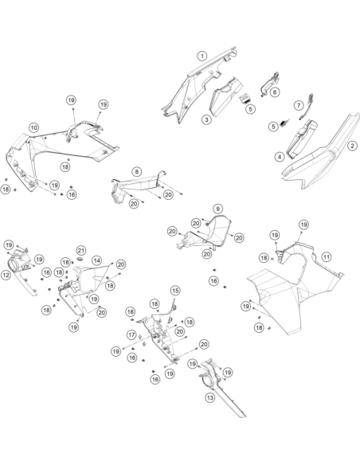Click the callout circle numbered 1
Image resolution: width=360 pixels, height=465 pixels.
tap(202, 56)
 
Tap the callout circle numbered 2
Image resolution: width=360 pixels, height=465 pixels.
tap(352, 146)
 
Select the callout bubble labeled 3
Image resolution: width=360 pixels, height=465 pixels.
tap(206, 119)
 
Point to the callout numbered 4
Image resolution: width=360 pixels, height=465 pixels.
tap(280, 157)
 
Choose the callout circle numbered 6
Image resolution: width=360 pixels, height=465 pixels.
tap(275, 92)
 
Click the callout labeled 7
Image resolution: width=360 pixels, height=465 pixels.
tap(299, 105)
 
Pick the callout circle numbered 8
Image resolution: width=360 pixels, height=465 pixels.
tap(136, 171)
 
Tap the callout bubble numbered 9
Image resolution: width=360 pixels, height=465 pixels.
tap(217, 209)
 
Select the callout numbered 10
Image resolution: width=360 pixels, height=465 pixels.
tap(33, 128)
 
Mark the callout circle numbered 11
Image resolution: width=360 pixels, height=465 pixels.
tap(327, 256)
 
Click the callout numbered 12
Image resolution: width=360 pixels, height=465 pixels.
tap(6, 275)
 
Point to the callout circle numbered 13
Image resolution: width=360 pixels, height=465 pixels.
tap(209, 397)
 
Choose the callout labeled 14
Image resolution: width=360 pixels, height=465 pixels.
tap(96, 260)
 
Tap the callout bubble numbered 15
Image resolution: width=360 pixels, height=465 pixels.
tap(175, 291)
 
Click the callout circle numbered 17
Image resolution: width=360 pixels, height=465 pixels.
tap(131, 334)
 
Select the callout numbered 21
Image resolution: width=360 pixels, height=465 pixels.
tap(80, 251)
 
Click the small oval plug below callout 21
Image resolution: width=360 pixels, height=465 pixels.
tap(80, 259)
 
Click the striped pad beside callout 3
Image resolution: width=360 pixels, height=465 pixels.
tap(244, 98)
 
